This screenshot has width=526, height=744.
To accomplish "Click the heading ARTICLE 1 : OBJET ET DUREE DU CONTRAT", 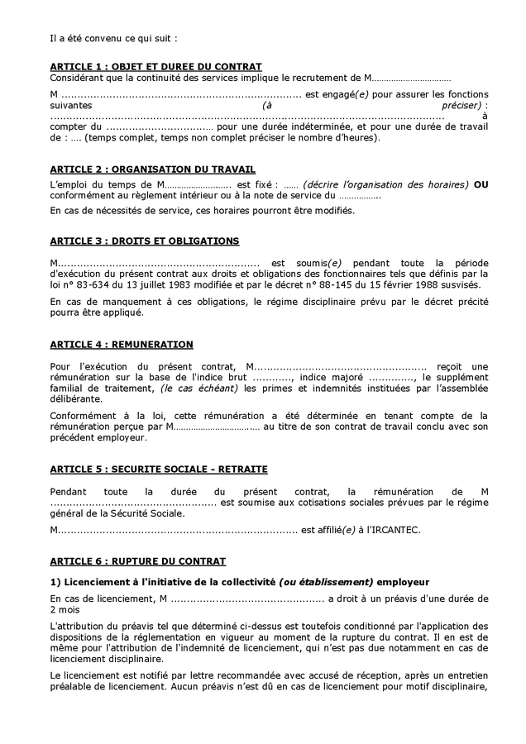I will [155, 66].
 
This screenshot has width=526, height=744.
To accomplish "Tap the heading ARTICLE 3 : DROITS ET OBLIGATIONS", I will [145, 241].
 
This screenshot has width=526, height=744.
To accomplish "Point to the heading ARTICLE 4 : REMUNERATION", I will [122, 344].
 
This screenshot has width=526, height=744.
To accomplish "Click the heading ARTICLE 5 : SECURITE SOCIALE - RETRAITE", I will [159, 469].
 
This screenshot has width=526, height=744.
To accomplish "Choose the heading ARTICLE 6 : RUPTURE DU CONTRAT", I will [137, 560].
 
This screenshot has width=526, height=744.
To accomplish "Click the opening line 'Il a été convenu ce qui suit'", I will [113, 37].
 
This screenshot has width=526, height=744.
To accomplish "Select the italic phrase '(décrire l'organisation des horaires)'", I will [385, 184].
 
